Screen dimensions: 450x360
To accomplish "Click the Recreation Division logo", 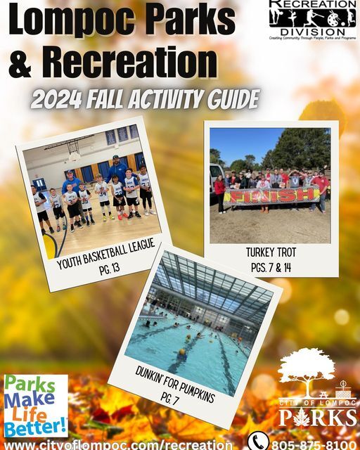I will (x=312, y=19).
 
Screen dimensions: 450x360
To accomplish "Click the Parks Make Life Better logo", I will (x=35, y=406).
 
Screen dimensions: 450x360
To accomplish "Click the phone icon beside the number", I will (x=258, y=442).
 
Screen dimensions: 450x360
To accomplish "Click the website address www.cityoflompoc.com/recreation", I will (x=118, y=444).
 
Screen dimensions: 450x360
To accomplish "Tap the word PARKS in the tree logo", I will (x=318, y=416).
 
